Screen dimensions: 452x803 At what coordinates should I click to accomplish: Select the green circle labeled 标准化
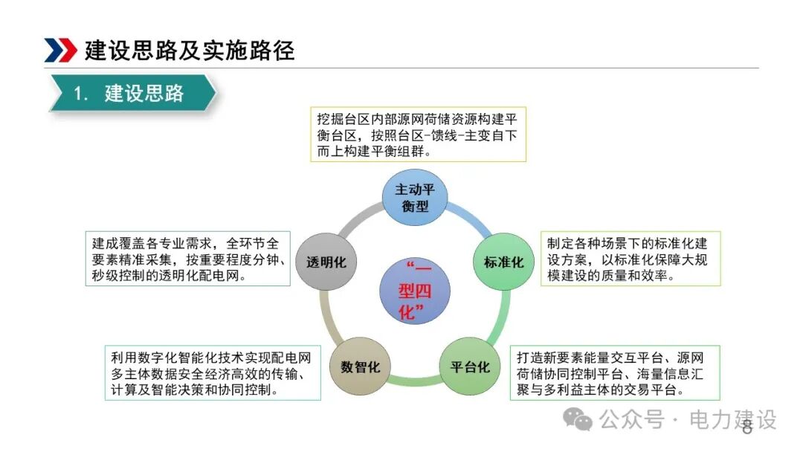(503, 262)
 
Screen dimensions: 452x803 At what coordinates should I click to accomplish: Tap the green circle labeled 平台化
(470, 367)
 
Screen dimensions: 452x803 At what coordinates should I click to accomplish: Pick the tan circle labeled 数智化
(360, 367)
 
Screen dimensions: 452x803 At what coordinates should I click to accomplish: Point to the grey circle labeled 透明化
(326, 262)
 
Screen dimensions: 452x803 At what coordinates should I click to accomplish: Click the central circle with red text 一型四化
(415, 290)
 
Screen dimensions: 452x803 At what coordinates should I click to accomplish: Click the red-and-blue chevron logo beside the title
(60, 50)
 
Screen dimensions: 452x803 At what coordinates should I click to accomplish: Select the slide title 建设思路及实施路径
(190, 50)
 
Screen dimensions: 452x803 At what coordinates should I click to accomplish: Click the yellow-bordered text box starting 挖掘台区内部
(418, 134)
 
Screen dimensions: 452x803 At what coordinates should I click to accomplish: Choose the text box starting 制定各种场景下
(630, 258)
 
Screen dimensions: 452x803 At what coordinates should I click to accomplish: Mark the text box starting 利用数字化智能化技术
(213, 372)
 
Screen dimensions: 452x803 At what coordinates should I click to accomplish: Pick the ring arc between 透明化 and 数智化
(325, 316)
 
